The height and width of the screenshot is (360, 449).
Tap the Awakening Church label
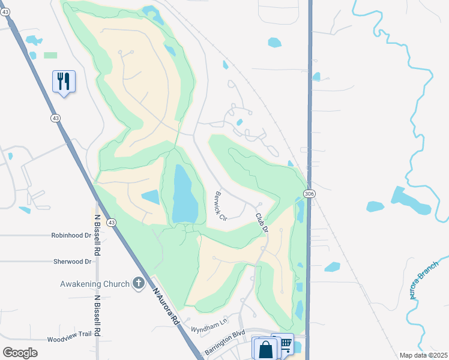click(95, 284)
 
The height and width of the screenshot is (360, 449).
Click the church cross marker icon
click(139, 283)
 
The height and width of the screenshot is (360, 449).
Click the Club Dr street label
click(261, 222)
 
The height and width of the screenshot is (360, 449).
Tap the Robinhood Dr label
click(71, 236)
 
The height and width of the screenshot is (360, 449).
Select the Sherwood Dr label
click(71, 262)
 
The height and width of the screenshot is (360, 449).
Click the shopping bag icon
click(265, 349)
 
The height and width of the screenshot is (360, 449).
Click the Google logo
click(20, 353)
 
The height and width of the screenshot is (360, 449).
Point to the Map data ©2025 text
click(423, 355)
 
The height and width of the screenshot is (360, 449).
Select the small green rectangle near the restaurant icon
click(50, 55)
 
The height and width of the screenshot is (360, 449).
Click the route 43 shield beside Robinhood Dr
click(112, 223)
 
